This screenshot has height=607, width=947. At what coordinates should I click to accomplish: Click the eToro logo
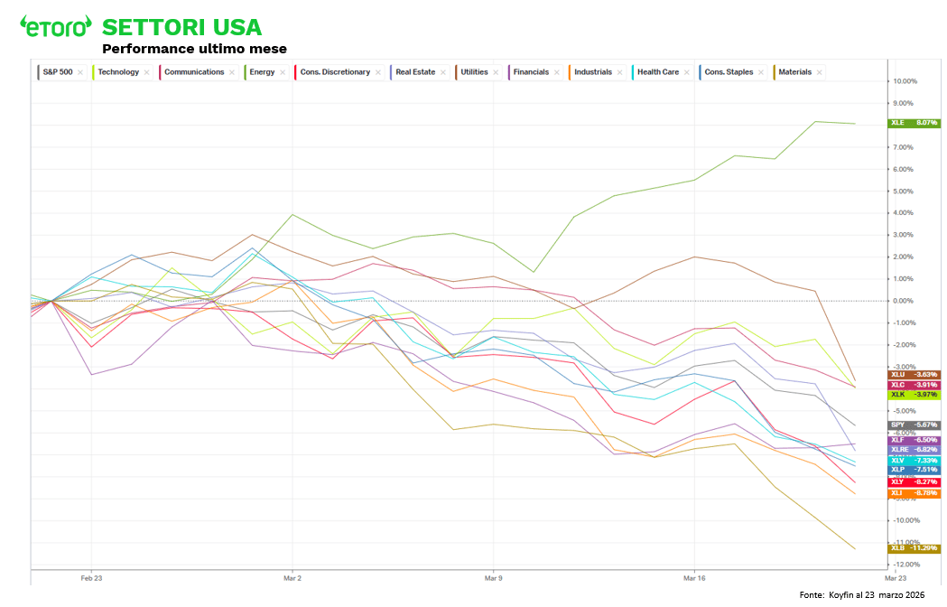coord(56,26)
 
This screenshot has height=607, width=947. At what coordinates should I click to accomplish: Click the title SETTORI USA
coord(181,26)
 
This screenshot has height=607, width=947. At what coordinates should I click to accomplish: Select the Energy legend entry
coord(263,72)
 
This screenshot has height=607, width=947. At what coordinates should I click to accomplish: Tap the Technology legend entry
coord(118,72)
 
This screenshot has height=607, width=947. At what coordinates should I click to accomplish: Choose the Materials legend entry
coord(794,72)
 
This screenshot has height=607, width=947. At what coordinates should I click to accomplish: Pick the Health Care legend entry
coord(658,72)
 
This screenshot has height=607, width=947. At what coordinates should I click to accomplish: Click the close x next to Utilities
coord(496,72)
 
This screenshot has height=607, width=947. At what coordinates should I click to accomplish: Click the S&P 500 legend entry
coord(58,72)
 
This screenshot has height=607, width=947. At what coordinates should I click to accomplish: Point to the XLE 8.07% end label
coord(915,123)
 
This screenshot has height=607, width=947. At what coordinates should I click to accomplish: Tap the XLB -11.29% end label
coord(915,548)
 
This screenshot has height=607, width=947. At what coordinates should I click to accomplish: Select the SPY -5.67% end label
coord(915,425)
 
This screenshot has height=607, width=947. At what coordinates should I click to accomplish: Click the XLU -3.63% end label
coord(915,374)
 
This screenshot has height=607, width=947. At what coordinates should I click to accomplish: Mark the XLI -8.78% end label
coord(915,493)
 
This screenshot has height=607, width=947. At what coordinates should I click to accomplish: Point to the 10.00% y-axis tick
coord(905,81)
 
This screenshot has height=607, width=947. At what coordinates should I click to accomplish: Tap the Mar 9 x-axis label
coord(493,576)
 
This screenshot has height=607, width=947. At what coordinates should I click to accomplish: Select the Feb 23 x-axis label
coord(91,576)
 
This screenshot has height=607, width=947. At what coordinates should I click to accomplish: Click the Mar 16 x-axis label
coord(693,576)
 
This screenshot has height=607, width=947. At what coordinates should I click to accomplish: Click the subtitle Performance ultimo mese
coord(194,49)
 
